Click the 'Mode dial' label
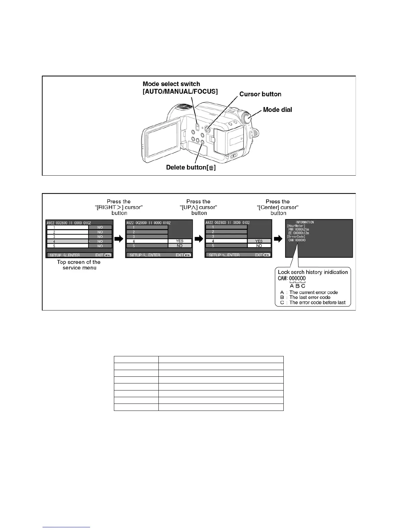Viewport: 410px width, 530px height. tap(277, 110)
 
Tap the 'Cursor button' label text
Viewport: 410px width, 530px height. tap(260, 94)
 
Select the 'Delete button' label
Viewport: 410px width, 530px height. tap(191, 167)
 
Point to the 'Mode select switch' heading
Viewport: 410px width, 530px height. tap(171, 84)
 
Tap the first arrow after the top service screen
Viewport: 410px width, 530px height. tap(119, 239)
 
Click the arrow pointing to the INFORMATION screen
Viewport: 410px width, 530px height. tap(278, 239)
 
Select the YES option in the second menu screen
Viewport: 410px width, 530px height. tap(180, 241)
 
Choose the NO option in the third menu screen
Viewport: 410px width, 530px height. tap(259, 246)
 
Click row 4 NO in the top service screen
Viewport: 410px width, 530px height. tap(100, 241)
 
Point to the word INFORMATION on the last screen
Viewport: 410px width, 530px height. tap(304, 222)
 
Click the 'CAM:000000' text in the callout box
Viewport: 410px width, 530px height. tap(292, 278)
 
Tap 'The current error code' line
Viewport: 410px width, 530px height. tap(314, 292)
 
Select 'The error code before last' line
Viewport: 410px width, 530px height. tap(317, 302)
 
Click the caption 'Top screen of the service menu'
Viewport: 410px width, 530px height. tap(79, 265)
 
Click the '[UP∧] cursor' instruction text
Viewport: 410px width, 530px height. tap(199, 207)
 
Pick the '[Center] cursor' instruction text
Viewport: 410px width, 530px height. tap(278, 207)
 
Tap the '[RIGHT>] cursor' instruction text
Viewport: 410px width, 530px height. tap(119, 207)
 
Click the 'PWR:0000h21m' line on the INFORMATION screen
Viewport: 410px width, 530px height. tap(299, 230)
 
